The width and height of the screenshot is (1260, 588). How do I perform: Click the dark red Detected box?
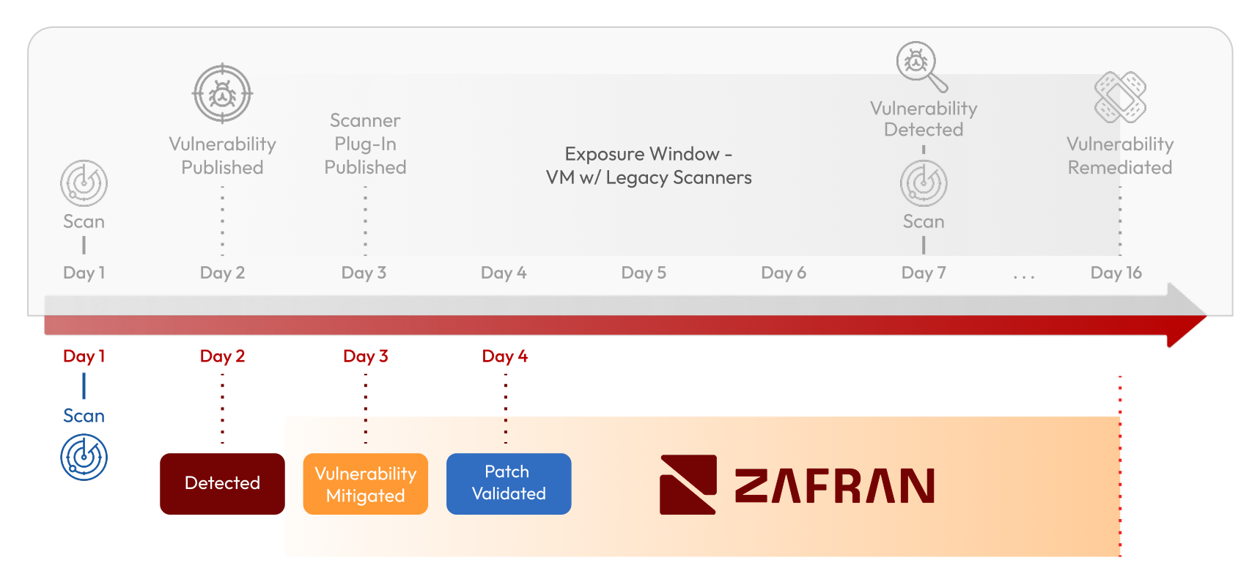[222, 483]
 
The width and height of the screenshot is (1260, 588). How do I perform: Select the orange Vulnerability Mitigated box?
[365, 484]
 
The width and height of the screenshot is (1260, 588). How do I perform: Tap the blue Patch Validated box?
[509, 483]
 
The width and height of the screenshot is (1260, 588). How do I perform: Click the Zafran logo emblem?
[688, 484]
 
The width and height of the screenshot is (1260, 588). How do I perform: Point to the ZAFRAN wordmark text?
[834, 486]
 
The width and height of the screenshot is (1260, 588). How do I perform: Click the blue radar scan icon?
[84, 457]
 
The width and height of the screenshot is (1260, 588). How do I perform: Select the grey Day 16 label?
[1116, 273]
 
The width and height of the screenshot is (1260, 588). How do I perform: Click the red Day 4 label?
[504, 356]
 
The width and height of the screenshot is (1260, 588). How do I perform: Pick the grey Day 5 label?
[644, 273]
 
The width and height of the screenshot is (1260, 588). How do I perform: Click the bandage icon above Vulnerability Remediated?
[1119, 97]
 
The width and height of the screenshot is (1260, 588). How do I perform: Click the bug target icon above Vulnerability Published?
[222, 94]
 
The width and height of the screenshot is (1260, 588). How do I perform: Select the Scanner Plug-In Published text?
[365, 144]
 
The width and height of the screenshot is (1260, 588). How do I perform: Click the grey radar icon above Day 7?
[924, 183]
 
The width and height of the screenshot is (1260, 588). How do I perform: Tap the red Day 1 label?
[84, 356]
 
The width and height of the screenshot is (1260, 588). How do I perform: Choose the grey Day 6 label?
[783, 273]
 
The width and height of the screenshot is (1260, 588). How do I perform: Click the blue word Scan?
[84, 416]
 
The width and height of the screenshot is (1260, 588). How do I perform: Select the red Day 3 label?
[365, 356]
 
